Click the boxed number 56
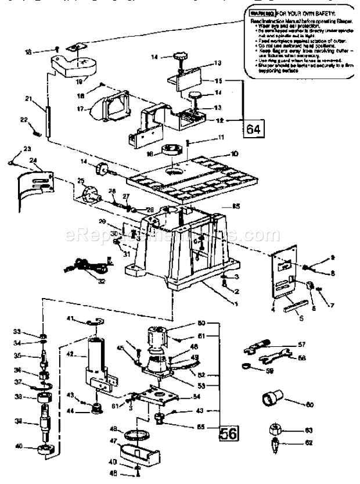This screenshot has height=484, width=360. [x=227, y=432]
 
